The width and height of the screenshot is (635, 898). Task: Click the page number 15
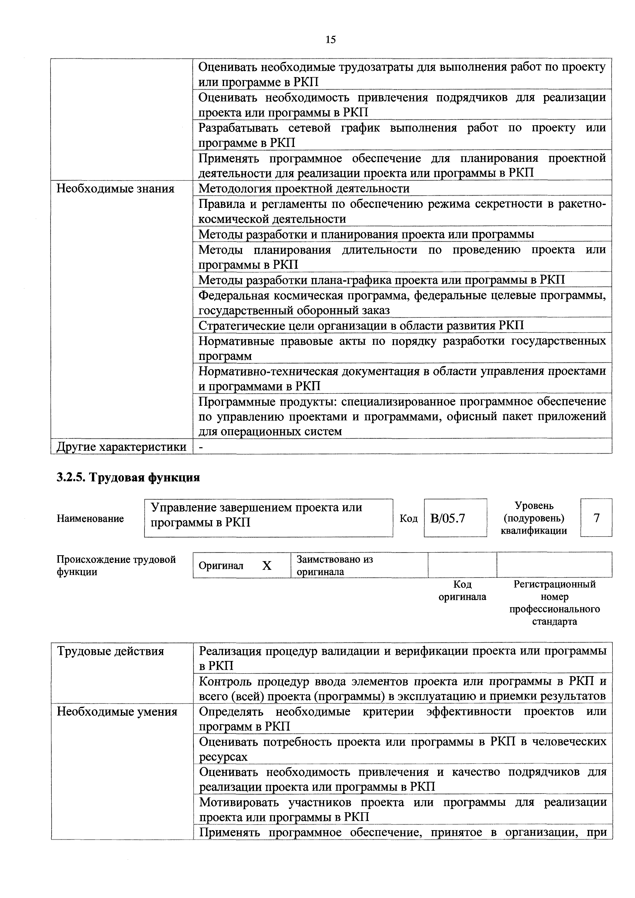point(330,39)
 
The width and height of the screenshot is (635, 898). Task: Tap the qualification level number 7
point(596,518)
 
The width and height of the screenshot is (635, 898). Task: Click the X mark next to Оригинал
point(267,565)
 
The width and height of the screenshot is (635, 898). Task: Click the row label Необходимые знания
point(115,189)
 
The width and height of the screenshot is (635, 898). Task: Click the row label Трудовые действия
point(110,651)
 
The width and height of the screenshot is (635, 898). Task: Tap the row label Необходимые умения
point(117,711)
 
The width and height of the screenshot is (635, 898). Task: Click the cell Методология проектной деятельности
point(304,189)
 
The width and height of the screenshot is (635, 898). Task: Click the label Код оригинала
point(462,591)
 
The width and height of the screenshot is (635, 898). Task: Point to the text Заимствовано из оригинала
point(334,565)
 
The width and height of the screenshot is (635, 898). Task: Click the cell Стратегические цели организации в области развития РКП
point(361,326)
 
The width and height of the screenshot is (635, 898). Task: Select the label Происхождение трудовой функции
point(116,565)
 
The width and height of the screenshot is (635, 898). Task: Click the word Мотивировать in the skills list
point(238,803)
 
